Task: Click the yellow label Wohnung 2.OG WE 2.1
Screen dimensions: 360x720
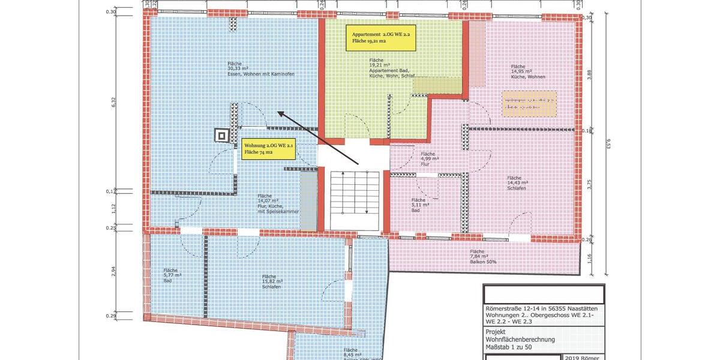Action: tap(269, 149)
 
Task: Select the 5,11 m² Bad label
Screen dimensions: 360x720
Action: tap(418, 204)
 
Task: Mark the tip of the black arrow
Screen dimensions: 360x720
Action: tap(278, 112)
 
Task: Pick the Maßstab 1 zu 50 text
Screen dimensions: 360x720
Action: tap(512, 347)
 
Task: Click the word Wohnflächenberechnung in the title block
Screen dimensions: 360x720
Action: tap(520, 340)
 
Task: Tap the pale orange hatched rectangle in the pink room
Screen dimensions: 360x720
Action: tap(529, 104)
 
